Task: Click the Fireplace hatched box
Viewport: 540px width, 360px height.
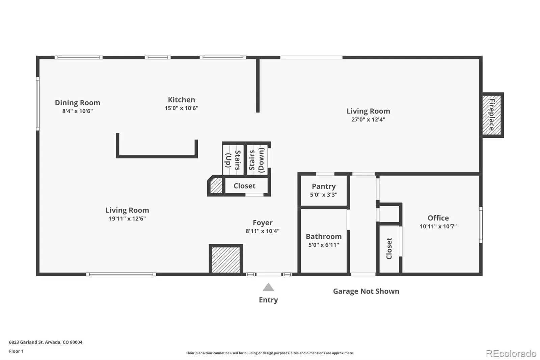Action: (x=491, y=115)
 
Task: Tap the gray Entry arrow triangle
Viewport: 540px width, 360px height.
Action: (x=268, y=287)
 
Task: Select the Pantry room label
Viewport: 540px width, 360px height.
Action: (x=324, y=186)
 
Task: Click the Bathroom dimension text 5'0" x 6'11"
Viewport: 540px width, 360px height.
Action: (x=324, y=245)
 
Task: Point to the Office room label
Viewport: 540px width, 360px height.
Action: (x=438, y=218)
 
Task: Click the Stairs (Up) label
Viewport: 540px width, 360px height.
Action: (x=233, y=160)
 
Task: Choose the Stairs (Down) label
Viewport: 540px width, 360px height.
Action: (x=257, y=160)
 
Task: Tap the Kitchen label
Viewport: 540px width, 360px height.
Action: (x=181, y=100)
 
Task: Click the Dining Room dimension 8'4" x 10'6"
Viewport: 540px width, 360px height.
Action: (x=77, y=111)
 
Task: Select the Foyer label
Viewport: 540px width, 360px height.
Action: (x=263, y=223)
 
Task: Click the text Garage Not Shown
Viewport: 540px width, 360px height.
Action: (x=366, y=291)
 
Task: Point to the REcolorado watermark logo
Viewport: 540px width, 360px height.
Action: (x=511, y=354)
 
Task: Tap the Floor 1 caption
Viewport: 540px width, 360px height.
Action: (x=16, y=351)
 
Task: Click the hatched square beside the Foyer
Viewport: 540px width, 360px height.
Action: (x=226, y=260)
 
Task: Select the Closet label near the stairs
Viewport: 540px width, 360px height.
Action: (x=244, y=186)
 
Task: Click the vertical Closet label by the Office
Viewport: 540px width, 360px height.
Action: (x=389, y=248)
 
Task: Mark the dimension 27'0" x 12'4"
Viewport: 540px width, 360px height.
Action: (x=368, y=120)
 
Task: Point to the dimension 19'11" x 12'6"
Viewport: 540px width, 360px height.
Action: (x=127, y=218)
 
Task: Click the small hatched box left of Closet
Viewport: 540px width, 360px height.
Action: (x=216, y=185)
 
